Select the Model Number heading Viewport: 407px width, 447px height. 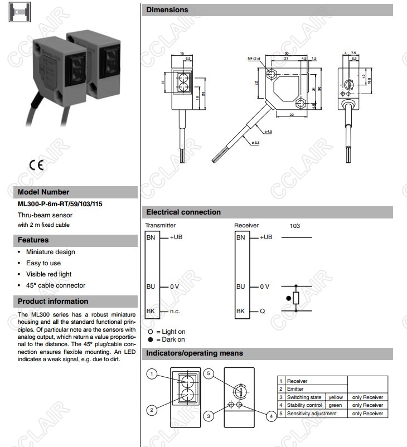pos(43,192)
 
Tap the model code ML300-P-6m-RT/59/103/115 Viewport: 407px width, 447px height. pos(60,204)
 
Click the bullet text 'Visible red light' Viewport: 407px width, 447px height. pos(49,274)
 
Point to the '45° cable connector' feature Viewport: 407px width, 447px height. pos(55,285)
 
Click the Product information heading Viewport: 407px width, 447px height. pos(53,302)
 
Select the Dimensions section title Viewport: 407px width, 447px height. pos(167,10)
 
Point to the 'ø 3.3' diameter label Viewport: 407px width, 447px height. pos(256,143)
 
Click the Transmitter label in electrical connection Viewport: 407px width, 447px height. pos(160,226)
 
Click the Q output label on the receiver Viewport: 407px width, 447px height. pos(263,311)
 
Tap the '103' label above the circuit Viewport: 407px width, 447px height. pos(295,226)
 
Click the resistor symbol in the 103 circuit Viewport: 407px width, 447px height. pos(295,298)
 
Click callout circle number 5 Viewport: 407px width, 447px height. pos(209,373)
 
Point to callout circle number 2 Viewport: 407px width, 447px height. pos(151,410)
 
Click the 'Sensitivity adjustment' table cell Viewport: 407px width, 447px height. pos(312,414)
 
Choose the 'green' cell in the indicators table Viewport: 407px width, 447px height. pos(335,405)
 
